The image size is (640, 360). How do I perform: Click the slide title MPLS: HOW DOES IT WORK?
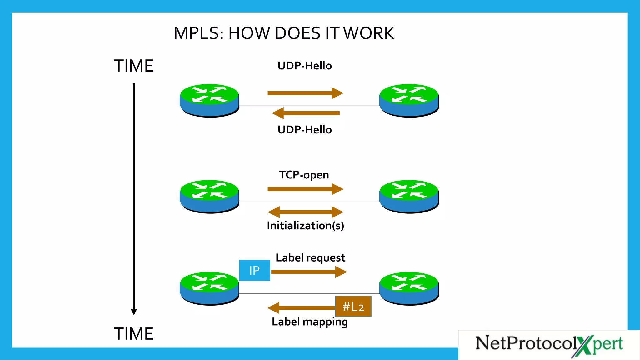click(284, 33)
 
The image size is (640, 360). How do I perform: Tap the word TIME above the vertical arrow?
click(133, 66)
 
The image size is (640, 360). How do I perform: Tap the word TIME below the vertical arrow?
click(133, 334)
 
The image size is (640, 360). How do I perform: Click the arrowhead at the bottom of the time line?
click(134, 312)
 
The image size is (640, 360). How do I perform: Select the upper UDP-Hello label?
click(305, 66)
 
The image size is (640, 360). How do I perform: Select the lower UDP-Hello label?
click(305, 130)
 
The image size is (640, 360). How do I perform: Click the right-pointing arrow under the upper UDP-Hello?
click(305, 93)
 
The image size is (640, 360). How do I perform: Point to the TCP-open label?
click(304, 175)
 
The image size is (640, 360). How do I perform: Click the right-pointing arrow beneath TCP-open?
click(305, 189)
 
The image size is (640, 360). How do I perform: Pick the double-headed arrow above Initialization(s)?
click(306, 212)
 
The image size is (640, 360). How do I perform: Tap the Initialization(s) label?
click(305, 226)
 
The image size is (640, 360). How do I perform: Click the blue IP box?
click(254, 271)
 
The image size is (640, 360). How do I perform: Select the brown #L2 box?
click(353, 307)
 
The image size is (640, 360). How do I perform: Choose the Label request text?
click(310, 258)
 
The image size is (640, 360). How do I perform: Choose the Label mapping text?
click(310, 322)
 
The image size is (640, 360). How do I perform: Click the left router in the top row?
click(209, 100)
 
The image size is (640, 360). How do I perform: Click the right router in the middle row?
click(409, 196)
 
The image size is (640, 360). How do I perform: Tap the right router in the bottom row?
click(409, 288)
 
